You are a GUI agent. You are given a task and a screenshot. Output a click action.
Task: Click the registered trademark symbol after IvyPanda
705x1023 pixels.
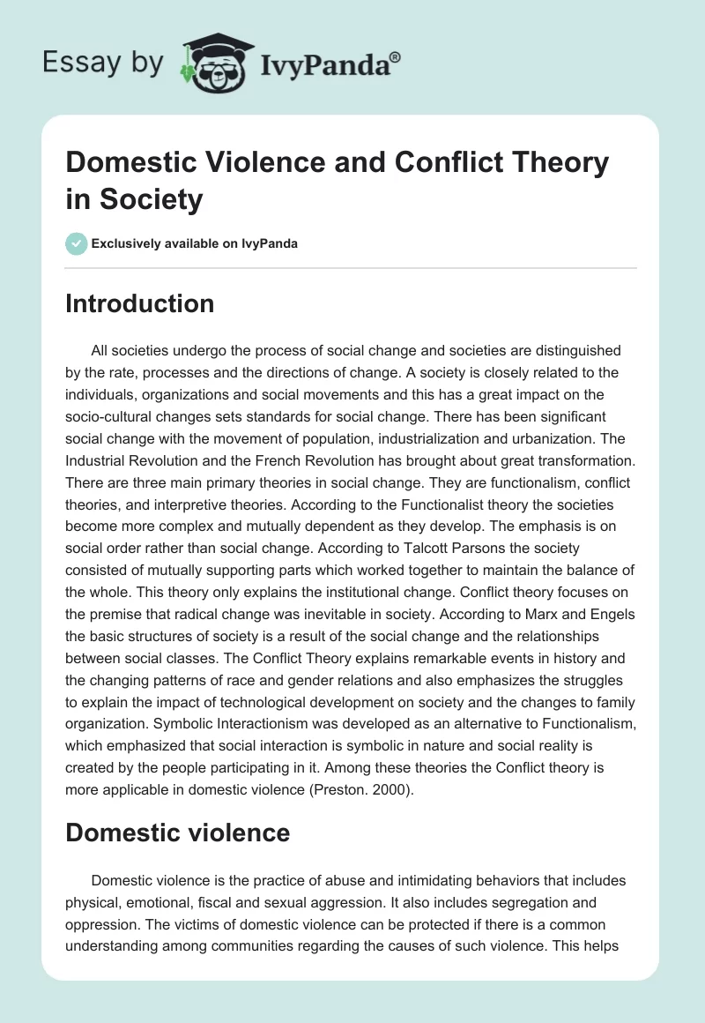396,56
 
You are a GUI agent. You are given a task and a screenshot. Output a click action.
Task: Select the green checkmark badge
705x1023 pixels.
77,243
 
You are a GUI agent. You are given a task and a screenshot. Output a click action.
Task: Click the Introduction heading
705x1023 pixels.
139,303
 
